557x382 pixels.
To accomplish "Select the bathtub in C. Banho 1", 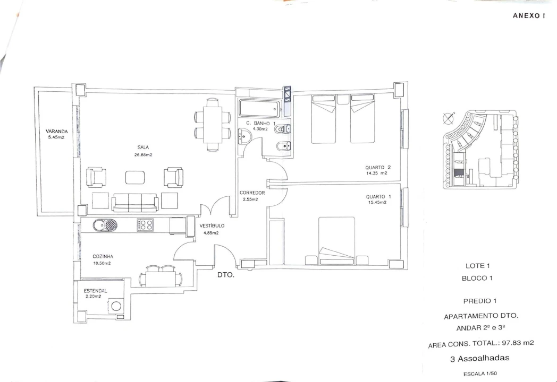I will [259, 109].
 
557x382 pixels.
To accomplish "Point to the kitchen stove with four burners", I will [145, 225].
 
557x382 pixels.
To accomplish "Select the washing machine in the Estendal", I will [115, 306].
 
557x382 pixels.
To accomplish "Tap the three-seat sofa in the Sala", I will [135, 202].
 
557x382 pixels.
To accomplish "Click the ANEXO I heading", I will [529, 16].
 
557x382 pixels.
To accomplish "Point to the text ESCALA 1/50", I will [480, 374].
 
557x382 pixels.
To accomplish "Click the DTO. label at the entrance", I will [225, 275].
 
